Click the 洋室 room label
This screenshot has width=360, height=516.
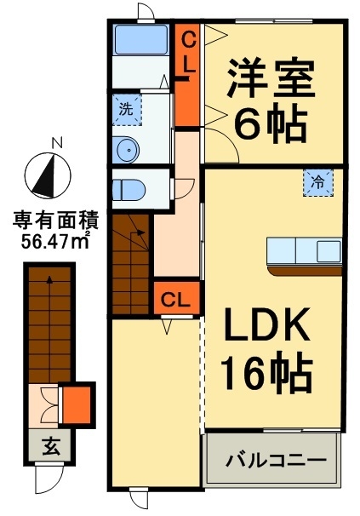271,78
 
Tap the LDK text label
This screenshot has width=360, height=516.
267,324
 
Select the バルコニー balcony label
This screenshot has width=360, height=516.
276,460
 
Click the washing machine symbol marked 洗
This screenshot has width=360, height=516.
127,109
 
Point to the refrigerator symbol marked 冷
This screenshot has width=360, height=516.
318,182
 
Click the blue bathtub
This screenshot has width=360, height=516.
140,39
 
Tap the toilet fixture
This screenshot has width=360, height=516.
129,190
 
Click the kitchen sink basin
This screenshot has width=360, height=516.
329,251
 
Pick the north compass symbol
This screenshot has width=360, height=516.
48,175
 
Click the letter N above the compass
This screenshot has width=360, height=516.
57,143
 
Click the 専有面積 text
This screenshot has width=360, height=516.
55,221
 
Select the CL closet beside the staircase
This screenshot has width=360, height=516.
177,299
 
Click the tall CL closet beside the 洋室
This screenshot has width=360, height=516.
187,75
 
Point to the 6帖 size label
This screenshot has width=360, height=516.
271,123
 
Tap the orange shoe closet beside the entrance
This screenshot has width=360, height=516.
77,404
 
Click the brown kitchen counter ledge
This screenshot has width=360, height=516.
305,269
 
